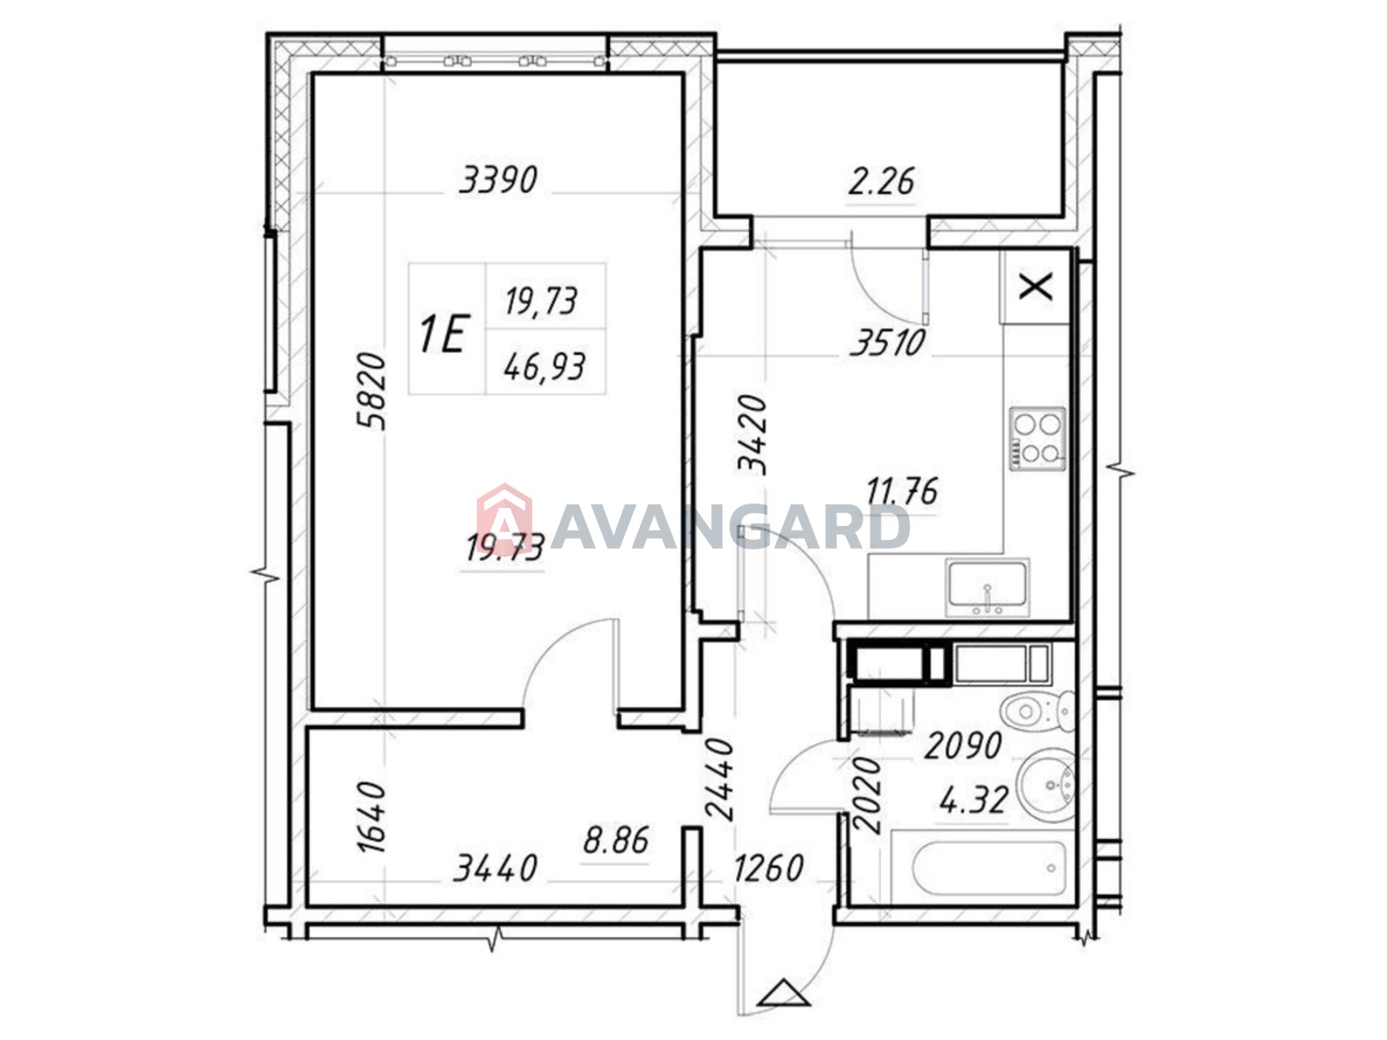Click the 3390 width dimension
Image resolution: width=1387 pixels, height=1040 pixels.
coord(498,179)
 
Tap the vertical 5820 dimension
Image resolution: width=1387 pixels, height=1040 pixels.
coord(370,391)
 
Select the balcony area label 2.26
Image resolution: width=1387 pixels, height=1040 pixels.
coord(881,181)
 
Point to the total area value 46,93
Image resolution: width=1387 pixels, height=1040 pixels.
coord(544,367)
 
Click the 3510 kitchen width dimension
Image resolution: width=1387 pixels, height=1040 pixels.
coord(887,343)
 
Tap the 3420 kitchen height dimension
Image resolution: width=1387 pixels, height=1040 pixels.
coord(752,434)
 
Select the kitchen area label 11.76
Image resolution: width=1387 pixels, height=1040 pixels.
coord(902,491)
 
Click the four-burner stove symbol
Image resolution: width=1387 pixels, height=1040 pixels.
coord(1037,439)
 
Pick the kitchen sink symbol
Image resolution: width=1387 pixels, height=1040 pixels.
coord(987,588)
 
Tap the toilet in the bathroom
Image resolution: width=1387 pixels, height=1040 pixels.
coord(1038,711)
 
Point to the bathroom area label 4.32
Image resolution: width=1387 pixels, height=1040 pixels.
coord(973,802)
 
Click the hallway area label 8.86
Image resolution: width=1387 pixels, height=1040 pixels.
coord(615,841)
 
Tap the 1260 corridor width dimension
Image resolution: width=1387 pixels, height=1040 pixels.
coord(768,868)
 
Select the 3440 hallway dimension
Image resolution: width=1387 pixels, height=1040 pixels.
coord(495,868)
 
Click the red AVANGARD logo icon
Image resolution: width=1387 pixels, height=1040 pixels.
coord(504,517)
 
